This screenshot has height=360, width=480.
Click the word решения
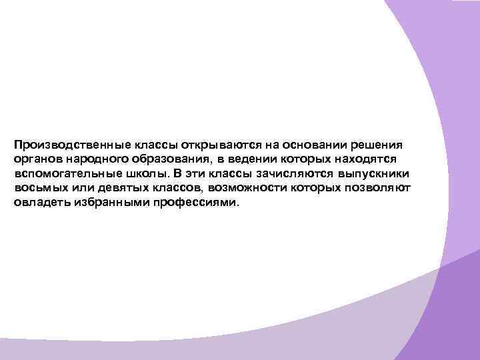coord(378,145)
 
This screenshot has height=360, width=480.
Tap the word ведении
coord(253,159)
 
